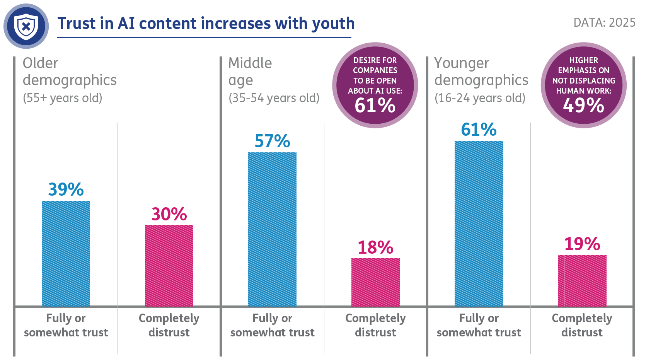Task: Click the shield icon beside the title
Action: [x=26, y=26]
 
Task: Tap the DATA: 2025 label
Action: [x=604, y=22]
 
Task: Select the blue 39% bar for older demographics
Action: [x=66, y=253]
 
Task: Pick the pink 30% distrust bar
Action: [x=169, y=265]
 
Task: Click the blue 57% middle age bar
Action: [x=272, y=229]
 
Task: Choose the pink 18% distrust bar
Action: [x=375, y=282]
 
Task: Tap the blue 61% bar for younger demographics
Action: [x=479, y=223]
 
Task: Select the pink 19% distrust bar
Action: [x=582, y=280]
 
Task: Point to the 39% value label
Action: [x=66, y=189]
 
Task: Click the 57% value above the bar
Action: [x=272, y=141]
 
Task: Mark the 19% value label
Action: [x=582, y=244]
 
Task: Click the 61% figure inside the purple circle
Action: [x=375, y=105]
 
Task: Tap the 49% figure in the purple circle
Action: [x=583, y=105]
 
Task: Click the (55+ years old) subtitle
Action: [x=62, y=98]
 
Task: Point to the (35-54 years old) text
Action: [x=274, y=98]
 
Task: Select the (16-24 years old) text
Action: [x=480, y=98]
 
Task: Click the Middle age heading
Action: [x=250, y=71]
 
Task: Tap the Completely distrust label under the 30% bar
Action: [x=169, y=325]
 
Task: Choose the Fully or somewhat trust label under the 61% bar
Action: [x=479, y=325]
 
